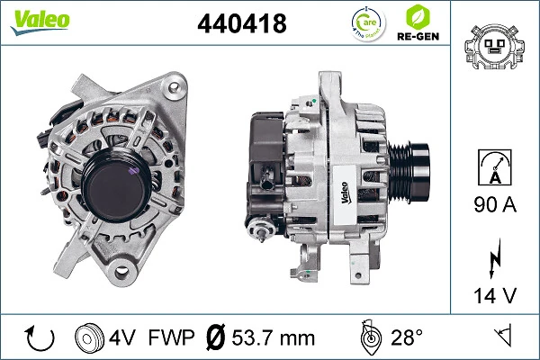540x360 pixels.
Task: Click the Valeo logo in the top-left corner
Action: point(40,22)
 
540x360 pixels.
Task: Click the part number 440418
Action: point(242,23)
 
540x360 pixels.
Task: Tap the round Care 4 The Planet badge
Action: point(368,24)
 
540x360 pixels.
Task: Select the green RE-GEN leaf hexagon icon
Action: point(418,17)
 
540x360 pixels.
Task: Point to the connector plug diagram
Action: point(494,47)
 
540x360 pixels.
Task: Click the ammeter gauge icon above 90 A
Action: point(495,167)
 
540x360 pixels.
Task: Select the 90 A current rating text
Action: point(495,204)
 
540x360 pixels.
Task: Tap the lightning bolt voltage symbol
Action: point(494,257)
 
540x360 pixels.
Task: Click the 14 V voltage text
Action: point(495,295)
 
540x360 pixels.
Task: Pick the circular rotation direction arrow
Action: point(40,338)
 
